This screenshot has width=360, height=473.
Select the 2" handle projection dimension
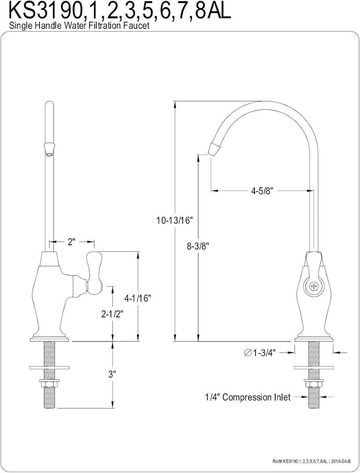click(72, 242)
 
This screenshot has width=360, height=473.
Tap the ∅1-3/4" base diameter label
click(259, 352)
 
